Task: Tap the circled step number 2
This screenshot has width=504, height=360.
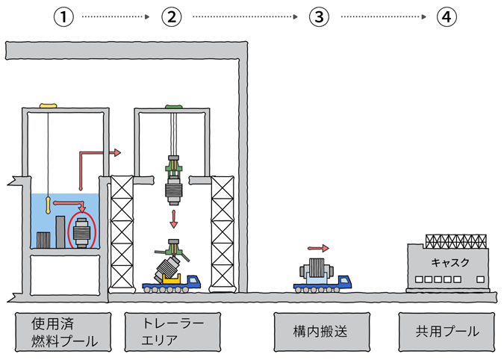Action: click(x=173, y=17)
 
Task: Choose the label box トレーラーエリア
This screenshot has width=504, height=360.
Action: click(x=174, y=332)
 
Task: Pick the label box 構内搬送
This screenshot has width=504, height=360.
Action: click(x=320, y=332)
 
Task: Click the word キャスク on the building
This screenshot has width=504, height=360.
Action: click(x=447, y=263)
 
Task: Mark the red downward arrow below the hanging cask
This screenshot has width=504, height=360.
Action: click(x=173, y=219)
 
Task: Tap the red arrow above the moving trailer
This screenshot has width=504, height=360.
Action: click(x=318, y=247)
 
